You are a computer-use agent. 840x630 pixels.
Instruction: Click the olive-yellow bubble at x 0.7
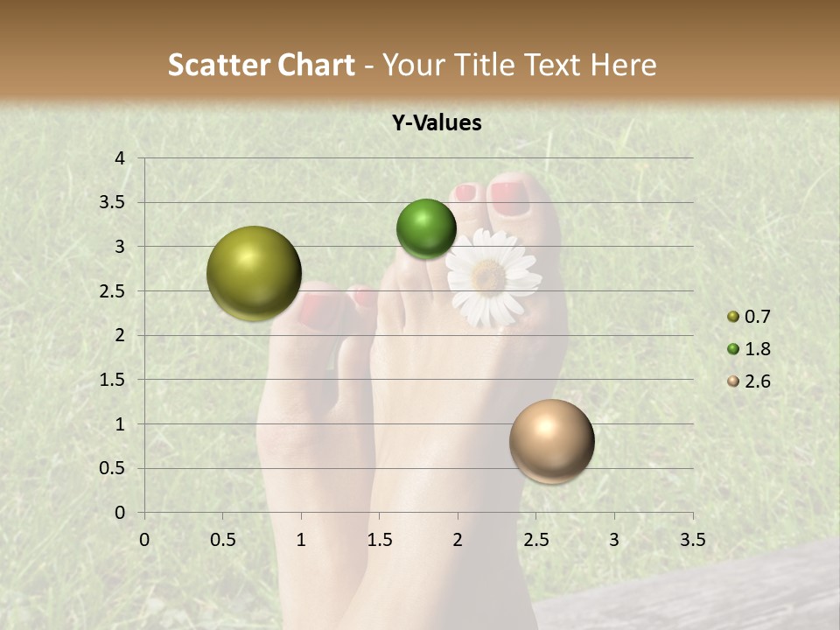click(254, 273)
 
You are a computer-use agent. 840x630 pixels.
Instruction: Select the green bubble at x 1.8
click(426, 228)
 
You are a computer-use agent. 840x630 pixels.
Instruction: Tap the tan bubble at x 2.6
click(551, 441)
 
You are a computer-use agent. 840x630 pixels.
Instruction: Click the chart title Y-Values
click(436, 123)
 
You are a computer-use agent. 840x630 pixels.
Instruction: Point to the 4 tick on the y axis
click(121, 158)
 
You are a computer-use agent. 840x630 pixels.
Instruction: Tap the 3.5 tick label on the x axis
click(692, 539)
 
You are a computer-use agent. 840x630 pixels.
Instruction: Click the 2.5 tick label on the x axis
click(535, 539)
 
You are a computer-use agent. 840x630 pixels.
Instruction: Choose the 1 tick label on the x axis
click(301, 539)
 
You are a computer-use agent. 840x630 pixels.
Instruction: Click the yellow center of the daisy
click(488, 276)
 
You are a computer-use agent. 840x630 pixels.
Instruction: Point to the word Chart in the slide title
click(316, 65)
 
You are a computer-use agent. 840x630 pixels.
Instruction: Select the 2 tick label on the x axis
click(458, 539)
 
